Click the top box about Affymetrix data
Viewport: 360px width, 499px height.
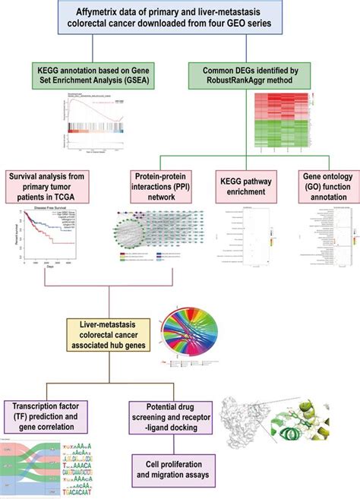(x=179, y=21)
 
